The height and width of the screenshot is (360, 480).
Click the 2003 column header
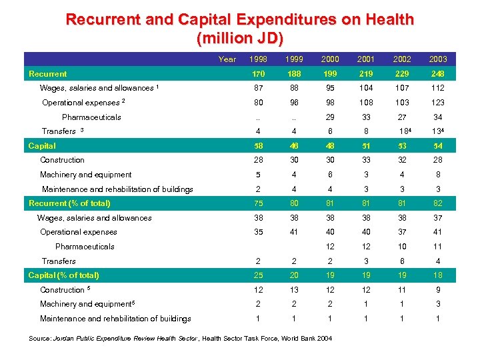pos(439,59)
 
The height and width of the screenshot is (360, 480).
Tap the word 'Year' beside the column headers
pos(227,59)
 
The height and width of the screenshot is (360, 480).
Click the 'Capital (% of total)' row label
pos(64,275)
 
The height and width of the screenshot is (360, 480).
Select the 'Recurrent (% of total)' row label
pos(69,203)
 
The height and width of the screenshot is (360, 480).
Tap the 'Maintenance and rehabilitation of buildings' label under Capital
pos(117,189)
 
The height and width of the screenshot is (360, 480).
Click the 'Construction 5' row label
pos(64,290)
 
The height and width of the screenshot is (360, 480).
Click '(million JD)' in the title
pos(240,37)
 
